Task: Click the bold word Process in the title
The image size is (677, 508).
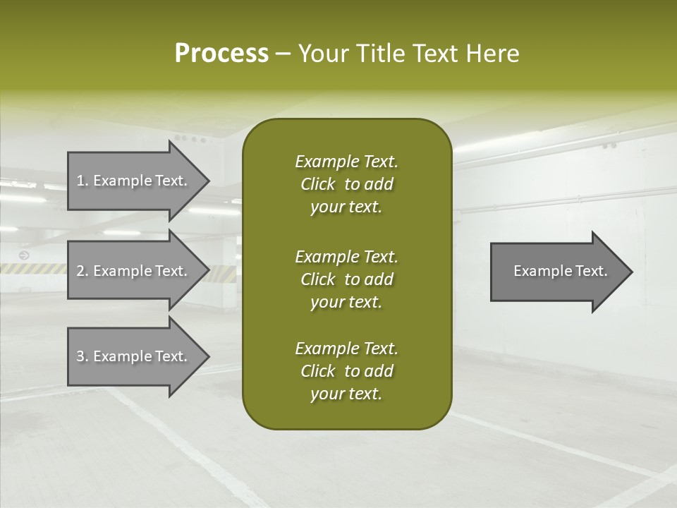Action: tap(221, 54)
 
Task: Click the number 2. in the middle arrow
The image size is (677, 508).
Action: tap(83, 271)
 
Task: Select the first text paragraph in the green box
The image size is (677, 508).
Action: tap(346, 184)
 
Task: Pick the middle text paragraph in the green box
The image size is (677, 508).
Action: tap(346, 279)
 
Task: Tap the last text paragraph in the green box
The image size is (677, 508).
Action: tap(346, 371)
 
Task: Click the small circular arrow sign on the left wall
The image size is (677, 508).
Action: tap(25, 255)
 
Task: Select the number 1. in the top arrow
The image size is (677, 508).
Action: tap(83, 181)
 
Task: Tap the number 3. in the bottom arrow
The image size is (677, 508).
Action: tap(83, 356)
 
